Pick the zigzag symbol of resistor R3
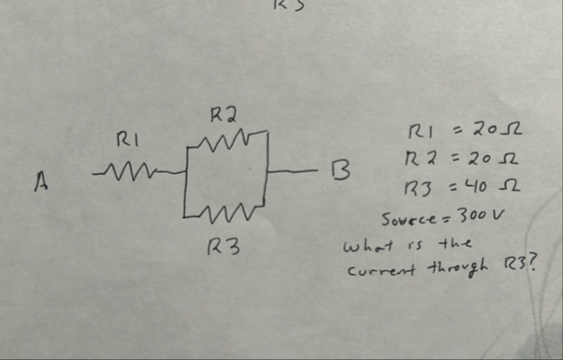(227, 218)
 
